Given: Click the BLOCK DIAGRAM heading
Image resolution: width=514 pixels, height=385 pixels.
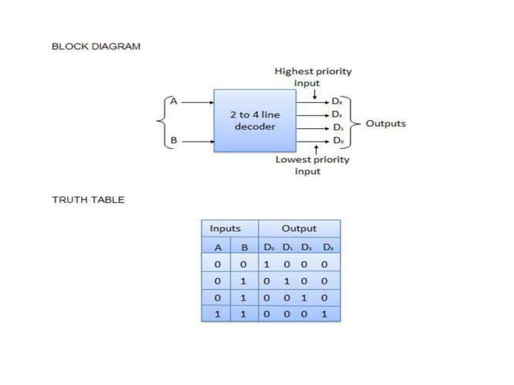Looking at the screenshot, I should (x=96, y=46).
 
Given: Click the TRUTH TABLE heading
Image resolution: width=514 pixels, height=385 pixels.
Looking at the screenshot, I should (x=88, y=200).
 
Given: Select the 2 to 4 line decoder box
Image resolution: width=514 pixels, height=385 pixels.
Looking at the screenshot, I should (x=255, y=121).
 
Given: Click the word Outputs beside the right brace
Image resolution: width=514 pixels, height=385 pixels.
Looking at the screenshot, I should (x=386, y=123).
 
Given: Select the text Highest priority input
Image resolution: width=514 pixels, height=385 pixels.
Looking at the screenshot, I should (x=313, y=77).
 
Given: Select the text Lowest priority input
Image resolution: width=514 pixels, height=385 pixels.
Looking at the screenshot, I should (x=313, y=165).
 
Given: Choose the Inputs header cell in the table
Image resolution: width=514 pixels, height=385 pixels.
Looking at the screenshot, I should (x=226, y=229).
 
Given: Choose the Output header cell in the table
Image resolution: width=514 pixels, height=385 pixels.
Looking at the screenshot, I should (x=298, y=229).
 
